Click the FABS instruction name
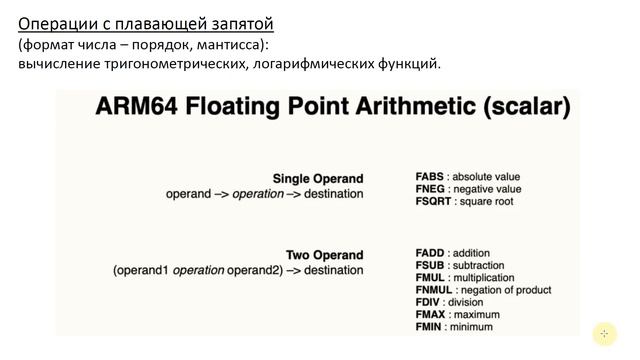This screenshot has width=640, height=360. click(x=428, y=176)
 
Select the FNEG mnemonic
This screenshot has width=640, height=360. click(x=429, y=189)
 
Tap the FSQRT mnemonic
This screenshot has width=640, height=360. click(x=433, y=202)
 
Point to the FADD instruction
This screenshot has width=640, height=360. click(x=429, y=253)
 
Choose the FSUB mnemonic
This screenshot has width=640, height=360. click(x=429, y=265)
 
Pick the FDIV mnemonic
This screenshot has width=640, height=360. click(x=427, y=302)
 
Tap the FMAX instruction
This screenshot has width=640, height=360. click(x=430, y=315)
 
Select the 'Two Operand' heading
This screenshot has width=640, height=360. click(x=325, y=255)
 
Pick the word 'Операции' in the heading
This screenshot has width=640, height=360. click(x=52, y=22)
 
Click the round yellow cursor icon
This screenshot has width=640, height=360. click(x=603, y=334)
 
